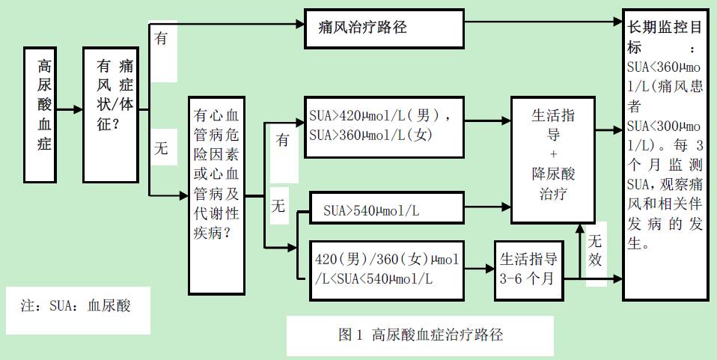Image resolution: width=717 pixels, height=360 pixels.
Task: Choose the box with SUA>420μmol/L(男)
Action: point(383,126)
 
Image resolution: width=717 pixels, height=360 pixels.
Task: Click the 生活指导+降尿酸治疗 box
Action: point(553,159)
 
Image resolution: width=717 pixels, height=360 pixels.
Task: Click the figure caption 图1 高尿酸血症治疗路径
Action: point(420,335)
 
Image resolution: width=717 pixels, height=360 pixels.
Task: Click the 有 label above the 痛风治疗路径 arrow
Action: point(161,38)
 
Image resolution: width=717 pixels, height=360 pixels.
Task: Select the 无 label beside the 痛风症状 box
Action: point(161,148)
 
